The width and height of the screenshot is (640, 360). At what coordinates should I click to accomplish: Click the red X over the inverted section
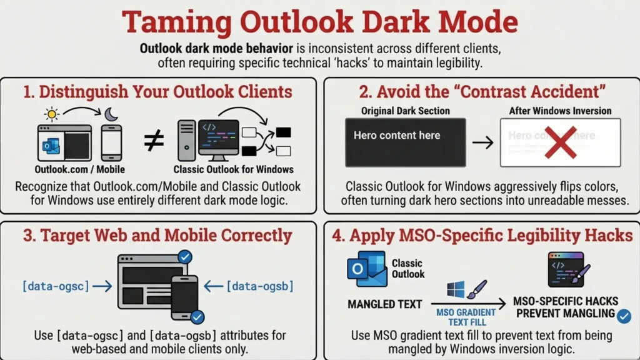click(560, 142)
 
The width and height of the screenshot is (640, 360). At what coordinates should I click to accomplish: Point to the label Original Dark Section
click(405, 111)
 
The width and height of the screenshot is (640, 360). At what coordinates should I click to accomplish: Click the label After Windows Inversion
click(560, 111)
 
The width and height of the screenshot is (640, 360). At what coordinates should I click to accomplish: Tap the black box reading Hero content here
click(405, 142)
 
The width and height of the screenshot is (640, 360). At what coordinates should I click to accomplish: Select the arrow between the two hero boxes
click(482, 142)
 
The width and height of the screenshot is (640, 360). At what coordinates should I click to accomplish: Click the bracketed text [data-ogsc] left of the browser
click(55, 286)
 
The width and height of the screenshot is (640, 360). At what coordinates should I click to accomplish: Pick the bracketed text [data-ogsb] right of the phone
click(259, 286)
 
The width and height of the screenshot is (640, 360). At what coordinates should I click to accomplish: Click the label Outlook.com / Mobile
click(79, 169)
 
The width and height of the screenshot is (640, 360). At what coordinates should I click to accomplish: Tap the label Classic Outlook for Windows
click(233, 169)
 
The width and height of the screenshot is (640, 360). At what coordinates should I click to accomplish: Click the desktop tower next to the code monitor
click(187, 142)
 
